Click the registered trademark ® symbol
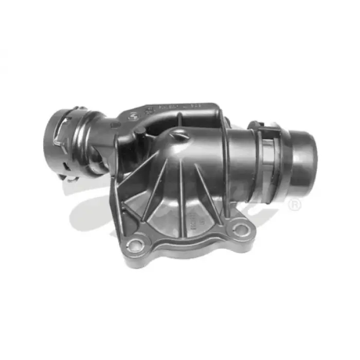point(295,205)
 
